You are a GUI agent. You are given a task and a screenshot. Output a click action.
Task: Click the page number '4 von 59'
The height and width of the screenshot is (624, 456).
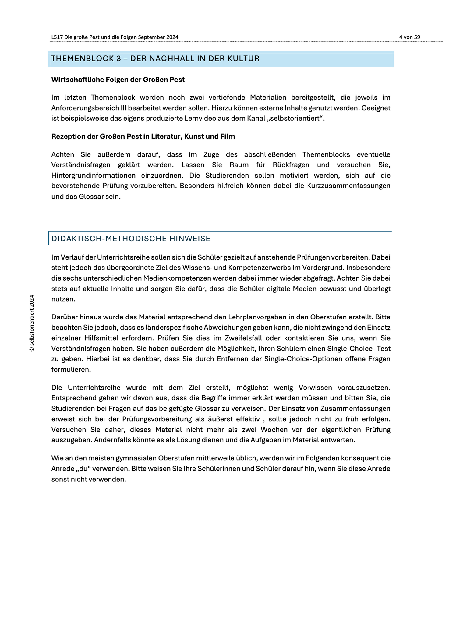(409, 37)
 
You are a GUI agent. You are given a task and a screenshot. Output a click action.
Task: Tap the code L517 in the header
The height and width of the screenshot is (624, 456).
(57, 37)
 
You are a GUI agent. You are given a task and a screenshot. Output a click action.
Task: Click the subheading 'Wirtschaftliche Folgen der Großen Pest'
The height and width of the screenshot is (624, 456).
(118, 80)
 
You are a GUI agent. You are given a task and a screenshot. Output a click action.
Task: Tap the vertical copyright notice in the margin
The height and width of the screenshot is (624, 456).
(32, 323)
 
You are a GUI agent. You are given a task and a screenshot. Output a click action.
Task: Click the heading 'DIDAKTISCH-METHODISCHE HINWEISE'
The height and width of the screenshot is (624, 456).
(131, 239)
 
